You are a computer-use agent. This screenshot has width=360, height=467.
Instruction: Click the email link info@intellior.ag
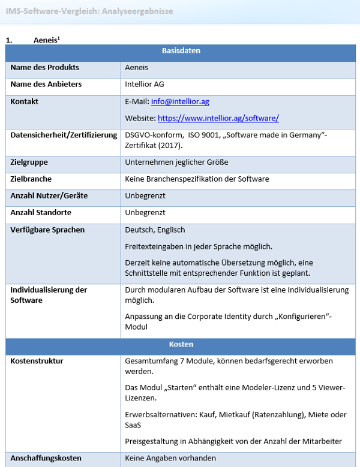179,101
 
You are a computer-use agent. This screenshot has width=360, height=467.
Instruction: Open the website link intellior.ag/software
218,118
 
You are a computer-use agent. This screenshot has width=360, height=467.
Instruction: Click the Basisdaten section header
181,51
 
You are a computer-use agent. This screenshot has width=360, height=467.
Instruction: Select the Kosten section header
181,345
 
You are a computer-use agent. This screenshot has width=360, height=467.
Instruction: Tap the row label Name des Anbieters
46,84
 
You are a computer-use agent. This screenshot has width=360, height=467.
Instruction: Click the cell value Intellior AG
145,84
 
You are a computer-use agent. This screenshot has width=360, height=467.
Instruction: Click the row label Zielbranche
31,179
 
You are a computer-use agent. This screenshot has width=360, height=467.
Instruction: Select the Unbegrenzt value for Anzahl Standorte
145,212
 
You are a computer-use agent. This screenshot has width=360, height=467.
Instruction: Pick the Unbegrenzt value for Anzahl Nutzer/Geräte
145,195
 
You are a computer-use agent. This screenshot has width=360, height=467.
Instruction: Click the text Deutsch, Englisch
155,230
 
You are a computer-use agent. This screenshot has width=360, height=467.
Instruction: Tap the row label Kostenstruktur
37,361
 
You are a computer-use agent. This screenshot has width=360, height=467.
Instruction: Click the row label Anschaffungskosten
45,458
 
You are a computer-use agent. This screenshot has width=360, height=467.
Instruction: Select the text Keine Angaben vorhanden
170,458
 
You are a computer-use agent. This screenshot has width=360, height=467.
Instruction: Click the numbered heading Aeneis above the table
46,40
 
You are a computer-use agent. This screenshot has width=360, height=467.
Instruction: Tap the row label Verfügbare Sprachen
47,230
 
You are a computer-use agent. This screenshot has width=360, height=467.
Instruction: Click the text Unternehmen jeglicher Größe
176,162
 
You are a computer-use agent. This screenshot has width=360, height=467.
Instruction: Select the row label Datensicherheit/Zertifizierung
64,135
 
